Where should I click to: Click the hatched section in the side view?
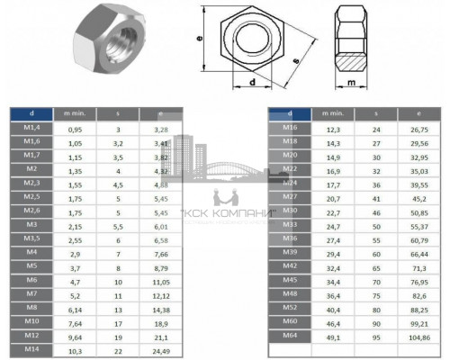click(x=357, y=58)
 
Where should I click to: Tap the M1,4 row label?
click(x=31, y=129)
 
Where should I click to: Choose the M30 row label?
click(x=290, y=211)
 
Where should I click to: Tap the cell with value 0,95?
click(x=76, y=129)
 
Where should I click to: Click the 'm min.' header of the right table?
click(x=333, y=113)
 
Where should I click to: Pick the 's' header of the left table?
click(x=117, y=113)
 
